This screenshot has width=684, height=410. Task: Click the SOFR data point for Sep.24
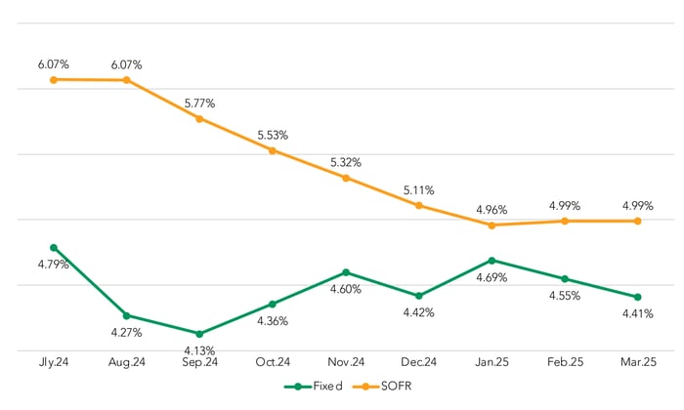(199, 119)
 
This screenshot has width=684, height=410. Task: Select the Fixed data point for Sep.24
(199, 334)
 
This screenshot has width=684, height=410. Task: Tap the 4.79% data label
(53, 265)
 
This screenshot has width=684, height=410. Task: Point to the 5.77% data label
(199, 102)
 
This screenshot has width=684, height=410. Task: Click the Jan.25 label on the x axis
(492, 362)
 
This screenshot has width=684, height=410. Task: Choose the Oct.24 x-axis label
(273, 362)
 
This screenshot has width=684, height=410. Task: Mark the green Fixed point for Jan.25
(492, 261)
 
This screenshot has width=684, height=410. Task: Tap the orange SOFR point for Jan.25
(492, 225)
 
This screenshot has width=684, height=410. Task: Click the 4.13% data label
(199, 350)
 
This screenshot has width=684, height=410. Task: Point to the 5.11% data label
(418, 190)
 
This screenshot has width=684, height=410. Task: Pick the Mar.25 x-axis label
(637, 362)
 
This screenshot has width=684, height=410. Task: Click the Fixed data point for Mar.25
(637, 297)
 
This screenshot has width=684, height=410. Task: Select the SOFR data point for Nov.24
(346, 178)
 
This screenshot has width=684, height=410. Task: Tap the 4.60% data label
(346, 289)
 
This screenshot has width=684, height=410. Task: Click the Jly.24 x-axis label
(54, 362)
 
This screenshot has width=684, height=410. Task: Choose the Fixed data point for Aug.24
(126, 315)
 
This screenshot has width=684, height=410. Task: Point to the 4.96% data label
(492, 209)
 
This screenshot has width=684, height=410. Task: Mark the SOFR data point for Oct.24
(273, 150)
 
